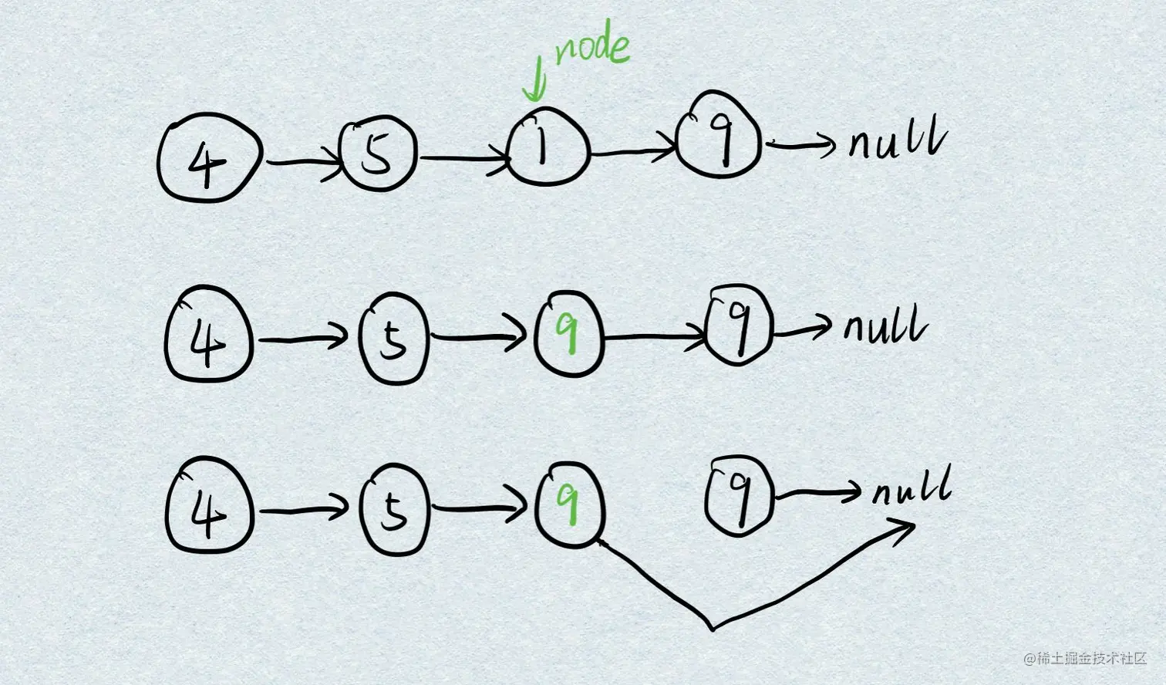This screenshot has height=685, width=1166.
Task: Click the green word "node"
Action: (592, 49)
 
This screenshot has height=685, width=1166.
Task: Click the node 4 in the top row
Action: (208, 161)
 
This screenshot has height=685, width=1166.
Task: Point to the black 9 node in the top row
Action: (719, 136)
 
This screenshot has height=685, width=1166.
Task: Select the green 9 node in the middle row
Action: (569, 332)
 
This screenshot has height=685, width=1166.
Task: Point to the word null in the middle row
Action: (885, 326)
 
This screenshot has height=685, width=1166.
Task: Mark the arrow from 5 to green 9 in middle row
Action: (478, 337)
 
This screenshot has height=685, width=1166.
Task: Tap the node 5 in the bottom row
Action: (393, 510)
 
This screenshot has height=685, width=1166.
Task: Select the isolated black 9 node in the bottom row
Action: (739, 494)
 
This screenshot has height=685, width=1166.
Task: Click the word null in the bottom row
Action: (912, 489)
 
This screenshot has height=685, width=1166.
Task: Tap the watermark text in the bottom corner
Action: (1086, 659)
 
